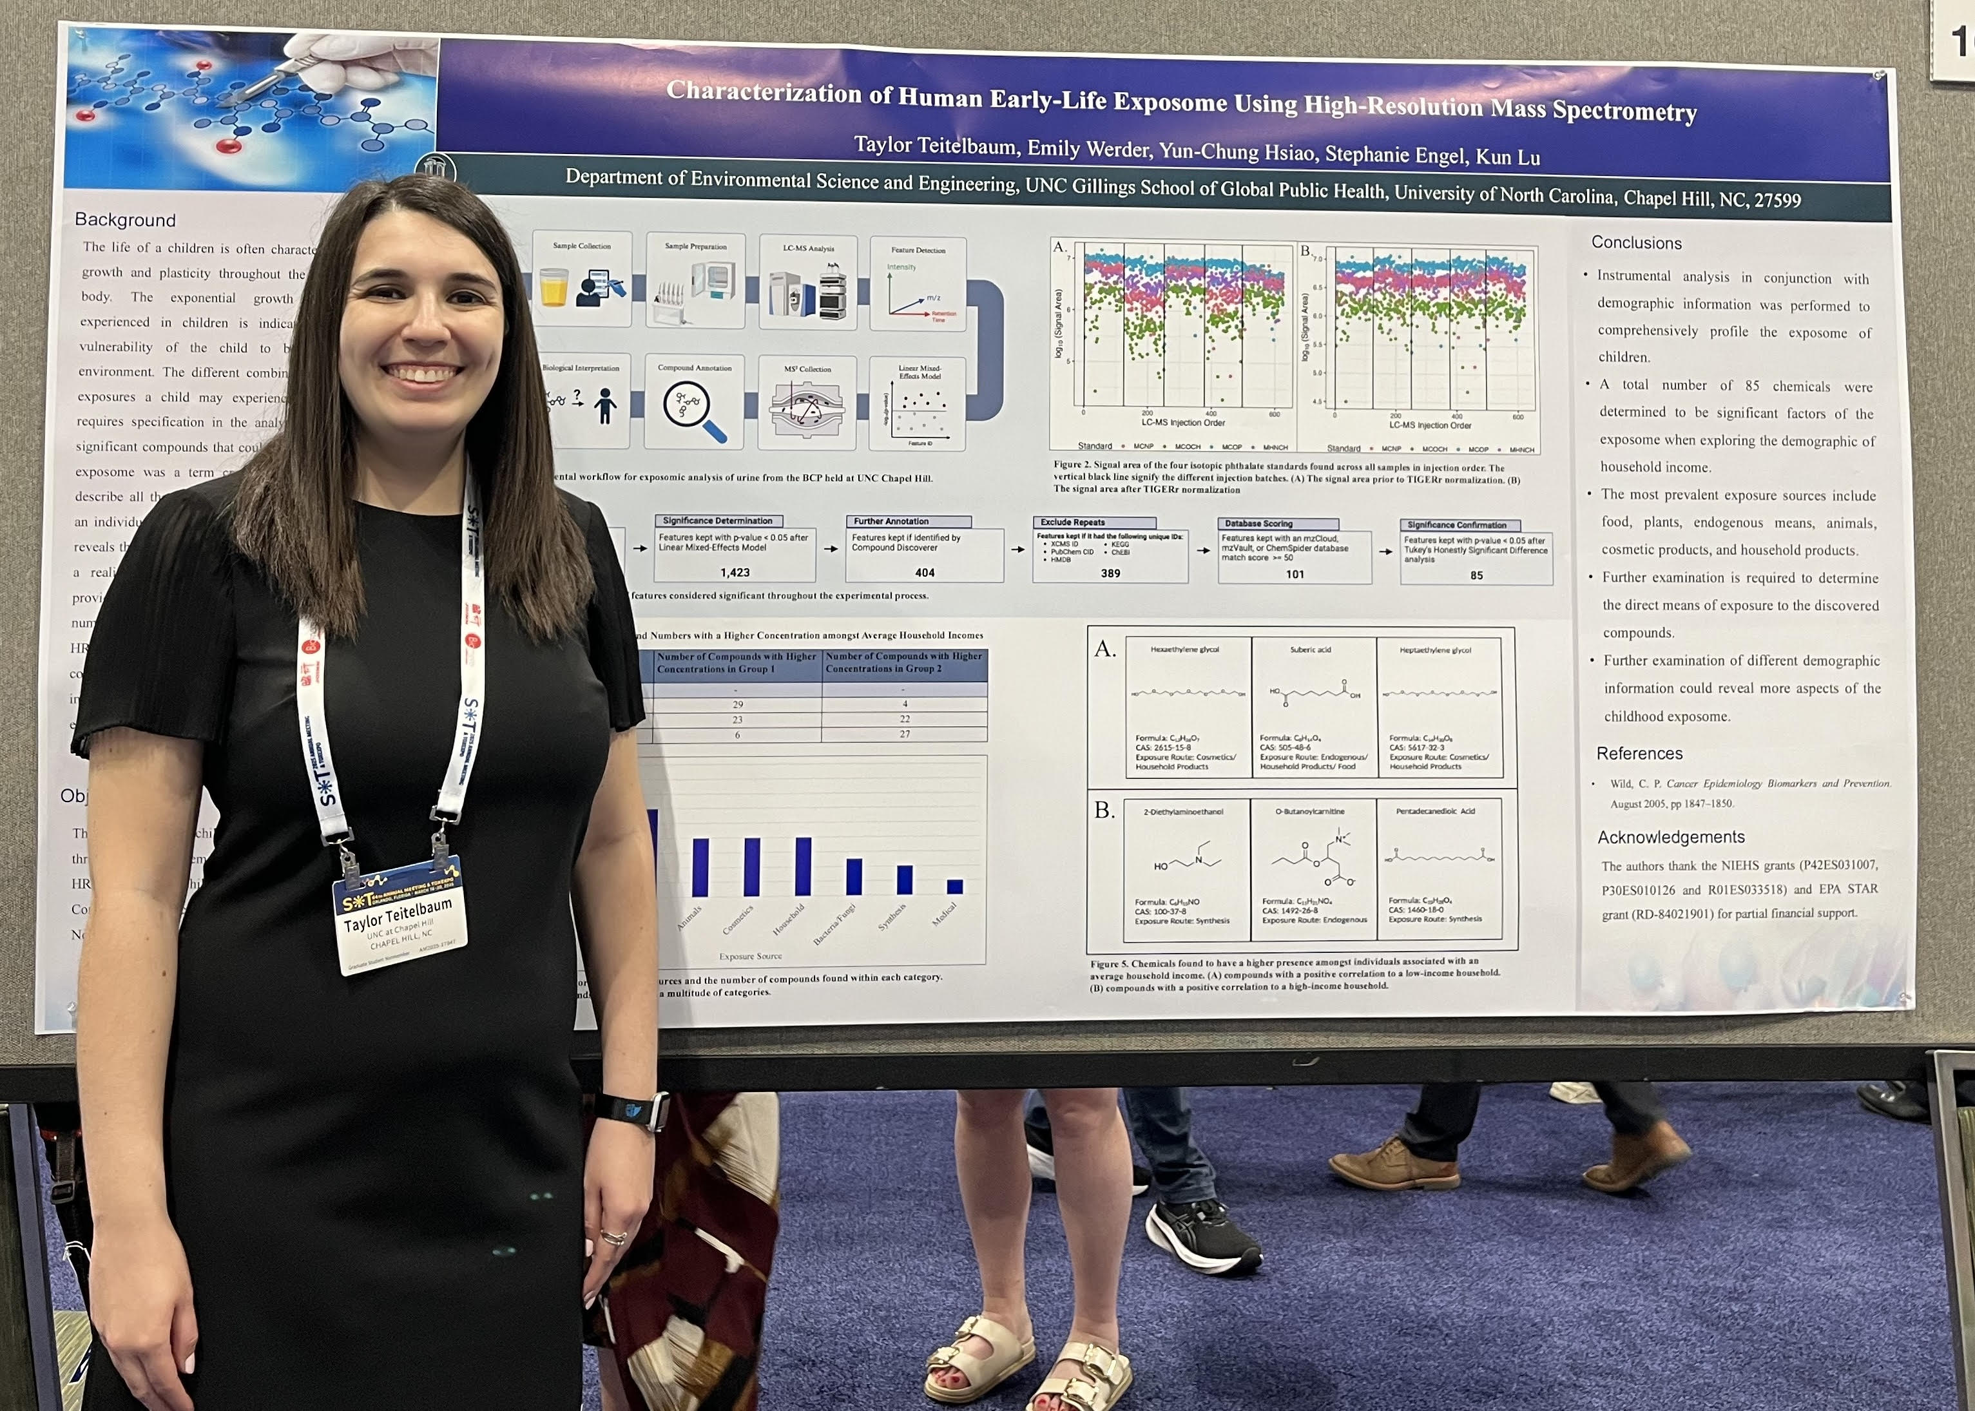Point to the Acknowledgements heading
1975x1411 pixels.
pos(1670,837)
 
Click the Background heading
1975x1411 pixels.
pos(125,220)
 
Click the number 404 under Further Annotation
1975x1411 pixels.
pos(925,573)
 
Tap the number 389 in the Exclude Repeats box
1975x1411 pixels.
pos(1110,573)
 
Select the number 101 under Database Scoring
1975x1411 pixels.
pos(1295,574)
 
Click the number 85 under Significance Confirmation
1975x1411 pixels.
pos(1476,575)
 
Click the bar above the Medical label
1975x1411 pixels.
pos(955,886)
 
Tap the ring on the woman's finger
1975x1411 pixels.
pos(613,1237)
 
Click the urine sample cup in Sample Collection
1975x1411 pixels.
pos(554,287)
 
